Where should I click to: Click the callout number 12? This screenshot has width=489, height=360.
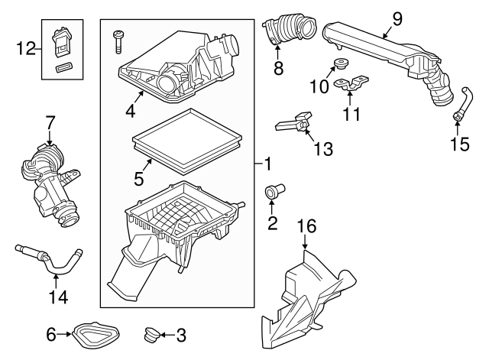[x=25, y=48]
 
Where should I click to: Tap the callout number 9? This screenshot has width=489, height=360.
[x=397, y=17]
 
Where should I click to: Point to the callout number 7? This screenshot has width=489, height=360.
[x=50, y=122]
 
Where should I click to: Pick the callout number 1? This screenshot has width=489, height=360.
[x=267, y=164]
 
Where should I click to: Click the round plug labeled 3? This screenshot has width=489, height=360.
[x=151, y=334]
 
